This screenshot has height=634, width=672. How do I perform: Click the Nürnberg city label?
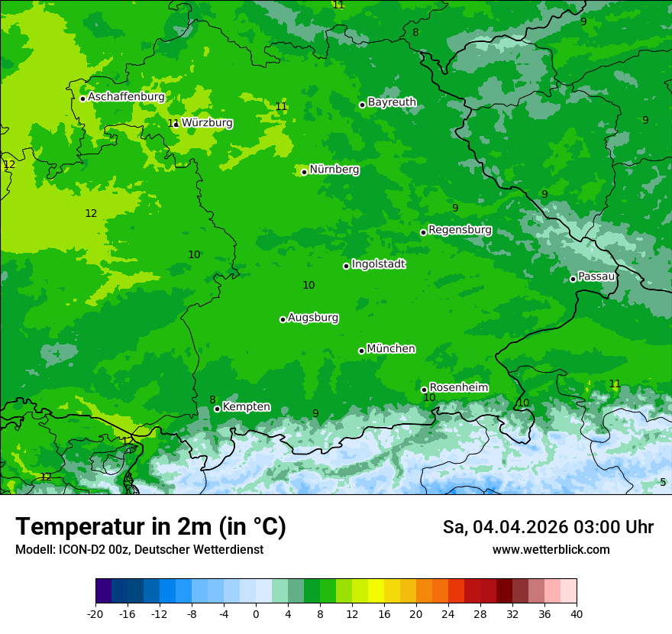tap(334, 170)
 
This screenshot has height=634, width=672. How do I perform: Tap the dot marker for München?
tap(361, 351)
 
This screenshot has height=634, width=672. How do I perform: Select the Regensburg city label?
tap(460, 230)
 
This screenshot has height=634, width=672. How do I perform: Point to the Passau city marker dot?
tap(573, 279)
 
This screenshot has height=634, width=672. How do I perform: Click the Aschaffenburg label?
tap(126, 97)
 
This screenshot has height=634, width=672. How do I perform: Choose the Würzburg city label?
tap(207, 123)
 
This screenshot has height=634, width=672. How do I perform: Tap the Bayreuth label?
tap(392, 102)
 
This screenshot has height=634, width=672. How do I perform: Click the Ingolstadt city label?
tap(378, 264)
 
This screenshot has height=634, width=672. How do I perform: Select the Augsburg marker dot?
tap(283, 319)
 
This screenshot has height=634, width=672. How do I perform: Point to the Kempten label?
tap(246, 407)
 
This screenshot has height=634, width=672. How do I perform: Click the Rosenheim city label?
tap(458, 387)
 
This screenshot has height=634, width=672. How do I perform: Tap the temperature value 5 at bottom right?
tap(663, 482)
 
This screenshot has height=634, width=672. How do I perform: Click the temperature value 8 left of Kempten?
tap(212, 400)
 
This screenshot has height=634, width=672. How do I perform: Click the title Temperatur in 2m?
tap(150, 526)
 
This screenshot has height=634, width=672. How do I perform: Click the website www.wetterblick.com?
tap(551, 549)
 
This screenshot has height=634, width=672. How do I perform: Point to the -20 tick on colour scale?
tap(95, 613)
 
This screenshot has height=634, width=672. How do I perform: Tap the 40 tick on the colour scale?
tap(577, 613)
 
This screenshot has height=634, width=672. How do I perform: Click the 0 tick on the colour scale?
tap(256, 613)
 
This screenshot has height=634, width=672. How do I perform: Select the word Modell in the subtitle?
tap(34, 549)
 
